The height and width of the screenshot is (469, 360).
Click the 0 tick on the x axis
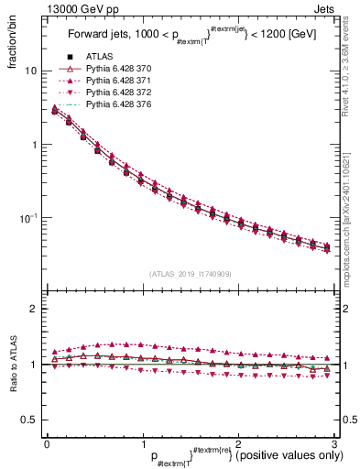(46, 443)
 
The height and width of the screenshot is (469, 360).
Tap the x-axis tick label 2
(237, 443)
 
